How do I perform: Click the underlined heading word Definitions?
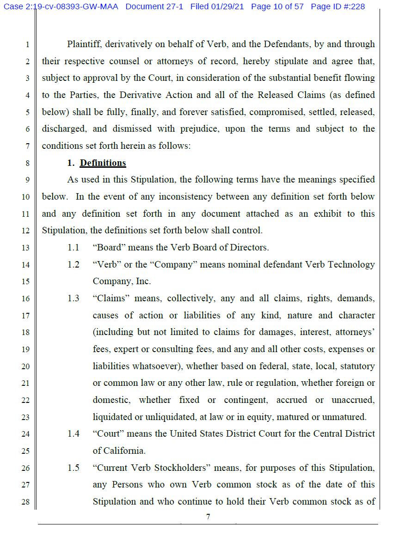(103, 163)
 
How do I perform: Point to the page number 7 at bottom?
(208, 517)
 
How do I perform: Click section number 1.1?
(73, 248)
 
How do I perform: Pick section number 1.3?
(73, 298)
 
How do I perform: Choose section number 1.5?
(73, 468)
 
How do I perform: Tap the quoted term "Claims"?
(110, 298)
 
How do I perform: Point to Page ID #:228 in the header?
(338, 7)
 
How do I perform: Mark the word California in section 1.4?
(123, 451)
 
